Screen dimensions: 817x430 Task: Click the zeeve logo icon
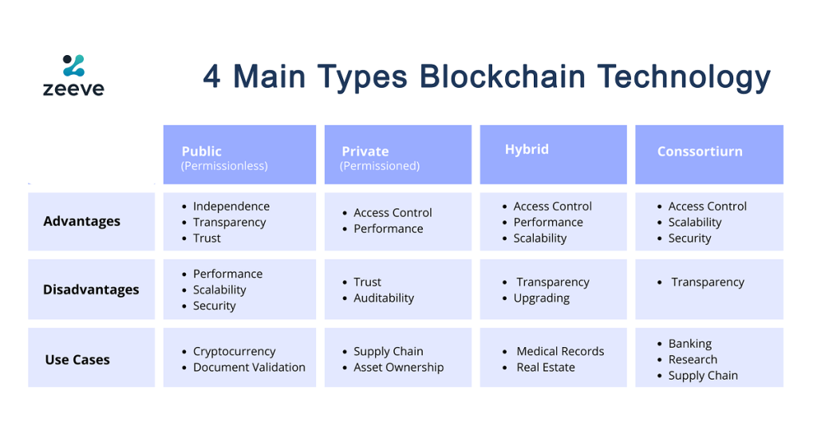(73, 65)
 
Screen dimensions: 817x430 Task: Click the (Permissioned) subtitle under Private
(379, 166)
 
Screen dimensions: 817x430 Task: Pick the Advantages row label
(82, 222)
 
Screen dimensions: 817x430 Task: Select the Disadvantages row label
(91, 290)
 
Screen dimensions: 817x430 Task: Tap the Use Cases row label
(77, 360)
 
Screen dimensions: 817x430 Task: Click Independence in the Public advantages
(231, 207)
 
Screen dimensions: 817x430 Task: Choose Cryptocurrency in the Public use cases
(234, 352)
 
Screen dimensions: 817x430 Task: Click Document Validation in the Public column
(249, 368)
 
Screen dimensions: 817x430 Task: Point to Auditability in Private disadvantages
(384, 298)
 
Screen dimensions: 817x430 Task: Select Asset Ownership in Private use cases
(399, 368)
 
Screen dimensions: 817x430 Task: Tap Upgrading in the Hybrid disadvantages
(542, 298)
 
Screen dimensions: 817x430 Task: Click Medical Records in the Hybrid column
(560, 351)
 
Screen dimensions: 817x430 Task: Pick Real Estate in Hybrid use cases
(546, 368)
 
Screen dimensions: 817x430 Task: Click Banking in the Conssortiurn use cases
(690, 344)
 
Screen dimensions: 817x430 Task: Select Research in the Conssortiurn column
(693, 360)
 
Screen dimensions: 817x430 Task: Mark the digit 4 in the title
(211, 77)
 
